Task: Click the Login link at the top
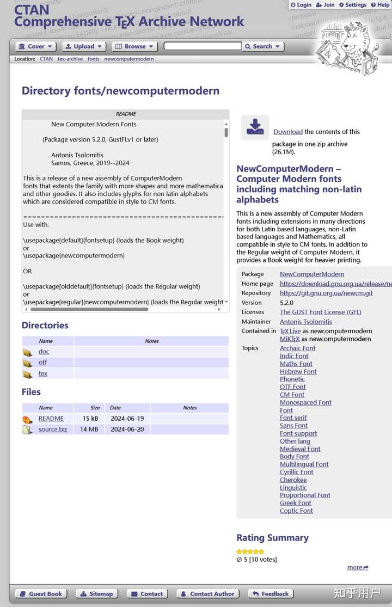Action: (301, 5)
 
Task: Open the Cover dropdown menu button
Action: (36, 47)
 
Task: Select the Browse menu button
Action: (134, 47)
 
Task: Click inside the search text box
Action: (203, 46)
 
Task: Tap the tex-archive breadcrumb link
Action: (70, 59)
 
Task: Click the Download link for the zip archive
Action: (288, 132)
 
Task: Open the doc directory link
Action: (44, 352)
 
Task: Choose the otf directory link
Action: (42, 363)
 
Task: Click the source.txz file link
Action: (53, 430)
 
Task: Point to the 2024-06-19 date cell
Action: (127, 419)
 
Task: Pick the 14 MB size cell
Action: (90, 430)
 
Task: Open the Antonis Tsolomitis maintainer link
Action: (306, 322)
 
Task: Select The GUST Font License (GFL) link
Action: (321, 312)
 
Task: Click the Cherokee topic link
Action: (293, 480)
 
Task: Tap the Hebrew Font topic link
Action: (298, 372)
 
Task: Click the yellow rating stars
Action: (250, 551)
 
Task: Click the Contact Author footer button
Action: (207, 594)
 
